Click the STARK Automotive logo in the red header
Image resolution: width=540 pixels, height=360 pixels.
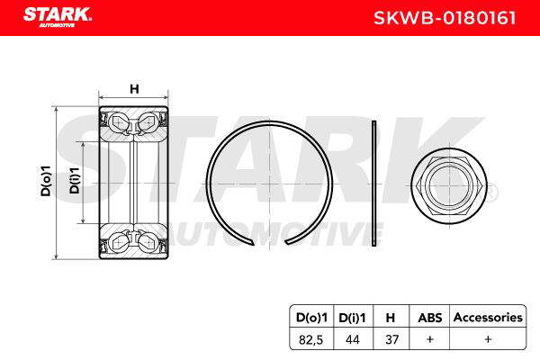click(x=58, y=17)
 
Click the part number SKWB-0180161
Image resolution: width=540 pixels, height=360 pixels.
click(x=445, y=18)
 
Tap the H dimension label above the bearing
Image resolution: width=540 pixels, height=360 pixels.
click(x=134, y=89)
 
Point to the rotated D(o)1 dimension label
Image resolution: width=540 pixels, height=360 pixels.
click(x=46, y=181)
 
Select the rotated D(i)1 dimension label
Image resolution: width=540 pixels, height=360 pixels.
click(x=75, y=181)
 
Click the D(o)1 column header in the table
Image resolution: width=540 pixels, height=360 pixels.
click(x=311, y=318)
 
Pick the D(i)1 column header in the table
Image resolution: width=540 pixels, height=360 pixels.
click(x=352, y=318)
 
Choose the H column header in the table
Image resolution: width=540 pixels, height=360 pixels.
click(x=391, y=318)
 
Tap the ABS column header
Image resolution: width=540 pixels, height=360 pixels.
click(x=430, y=318)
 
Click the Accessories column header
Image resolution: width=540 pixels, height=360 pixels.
click(x=488, y=318)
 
